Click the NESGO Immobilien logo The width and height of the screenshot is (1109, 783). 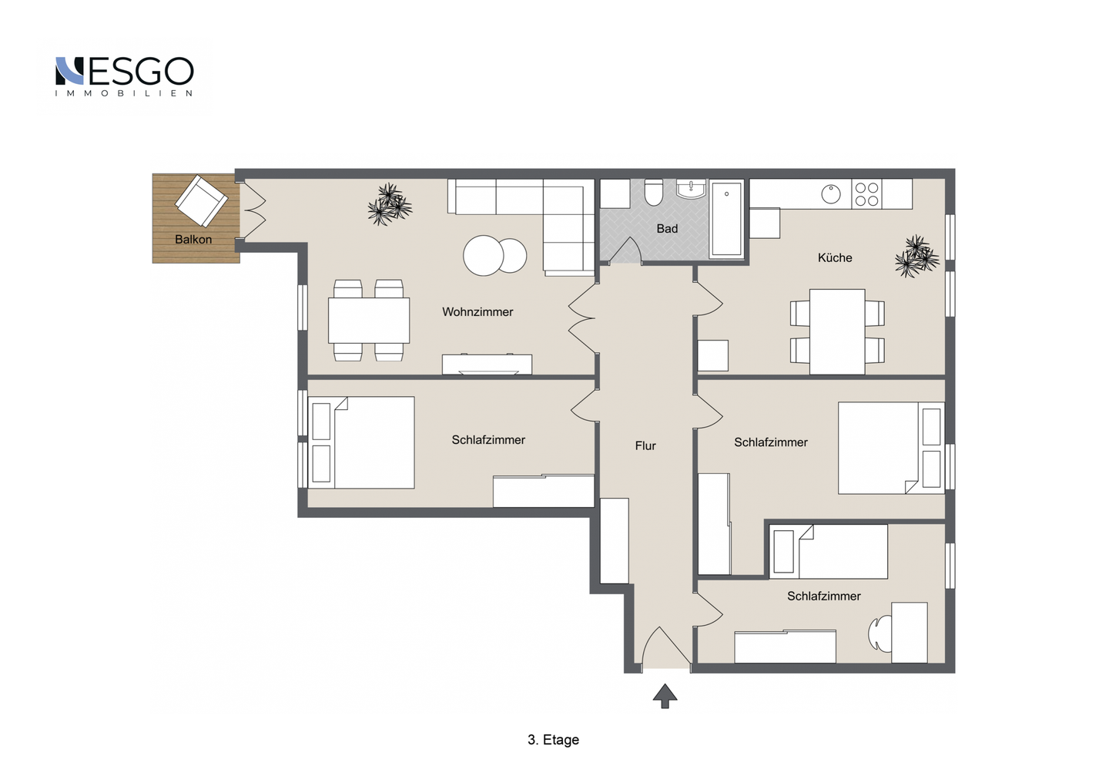[124, 76]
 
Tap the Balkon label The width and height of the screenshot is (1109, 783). [193, 240]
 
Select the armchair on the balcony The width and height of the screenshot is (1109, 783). [202, 200]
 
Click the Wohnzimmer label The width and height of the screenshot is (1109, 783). [477, 311]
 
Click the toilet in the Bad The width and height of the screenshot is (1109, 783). [654, 192]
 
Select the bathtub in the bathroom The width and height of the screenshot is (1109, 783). [726, 219]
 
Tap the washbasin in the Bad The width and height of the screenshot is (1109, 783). [691, 190]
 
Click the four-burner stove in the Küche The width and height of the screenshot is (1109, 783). [866, 193]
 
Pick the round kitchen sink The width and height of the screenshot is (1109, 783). [831, 194]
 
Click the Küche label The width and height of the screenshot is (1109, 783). [835, 257]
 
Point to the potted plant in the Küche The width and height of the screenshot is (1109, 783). [917, 256]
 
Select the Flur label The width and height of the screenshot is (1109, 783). [645, 445]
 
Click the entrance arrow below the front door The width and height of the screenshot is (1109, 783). [665, 696]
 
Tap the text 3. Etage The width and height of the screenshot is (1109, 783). [553, 740]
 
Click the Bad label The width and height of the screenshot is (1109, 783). [667, 229]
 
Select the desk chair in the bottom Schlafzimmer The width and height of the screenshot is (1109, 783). [879, 633]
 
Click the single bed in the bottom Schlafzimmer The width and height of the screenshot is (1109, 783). [829, 552]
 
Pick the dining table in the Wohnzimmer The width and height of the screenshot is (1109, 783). [369, 320]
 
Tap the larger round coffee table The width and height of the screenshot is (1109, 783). [483, 255]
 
